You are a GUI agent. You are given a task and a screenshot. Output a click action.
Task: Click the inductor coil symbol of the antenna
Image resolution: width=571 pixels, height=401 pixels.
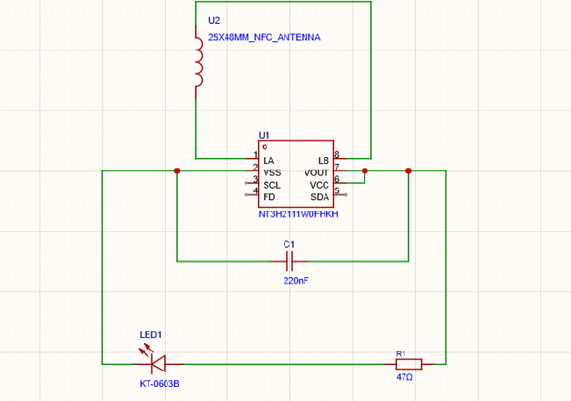tap(199, 62)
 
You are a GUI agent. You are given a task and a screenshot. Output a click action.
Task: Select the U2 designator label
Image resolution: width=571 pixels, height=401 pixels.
tap(214, 20)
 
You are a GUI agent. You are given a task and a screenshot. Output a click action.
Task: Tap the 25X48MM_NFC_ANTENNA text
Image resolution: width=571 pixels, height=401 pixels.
tap(264, 37)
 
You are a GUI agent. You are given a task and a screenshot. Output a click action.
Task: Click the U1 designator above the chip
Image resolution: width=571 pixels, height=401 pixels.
tap(264, 135)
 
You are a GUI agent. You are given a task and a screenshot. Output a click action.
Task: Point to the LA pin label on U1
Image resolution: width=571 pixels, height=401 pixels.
tap(268, 161)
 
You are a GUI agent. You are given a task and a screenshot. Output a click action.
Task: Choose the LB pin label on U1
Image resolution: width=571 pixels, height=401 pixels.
tap(324, 161)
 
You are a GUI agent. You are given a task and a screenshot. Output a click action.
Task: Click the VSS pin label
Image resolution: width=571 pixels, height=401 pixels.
tap(271, 172)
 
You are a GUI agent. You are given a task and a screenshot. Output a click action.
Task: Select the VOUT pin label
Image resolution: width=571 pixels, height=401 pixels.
tap(317, 172)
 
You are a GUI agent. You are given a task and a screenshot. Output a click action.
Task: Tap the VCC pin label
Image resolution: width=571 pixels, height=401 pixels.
tap(320, 185)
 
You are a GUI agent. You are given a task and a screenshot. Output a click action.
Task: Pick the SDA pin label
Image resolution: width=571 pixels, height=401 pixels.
tap(320, 197)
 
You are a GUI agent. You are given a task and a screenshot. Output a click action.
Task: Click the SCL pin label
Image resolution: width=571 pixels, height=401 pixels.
tap(271, 185)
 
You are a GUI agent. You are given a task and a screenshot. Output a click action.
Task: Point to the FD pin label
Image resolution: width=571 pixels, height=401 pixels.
tap(268, 197)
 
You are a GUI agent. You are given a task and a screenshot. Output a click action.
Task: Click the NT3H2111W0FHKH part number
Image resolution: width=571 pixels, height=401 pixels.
tap(298, 214)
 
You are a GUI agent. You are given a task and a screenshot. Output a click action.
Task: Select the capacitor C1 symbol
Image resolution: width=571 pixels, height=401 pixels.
tap(290, 261)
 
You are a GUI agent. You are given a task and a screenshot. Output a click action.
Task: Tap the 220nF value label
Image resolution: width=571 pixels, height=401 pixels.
tap(296, 281)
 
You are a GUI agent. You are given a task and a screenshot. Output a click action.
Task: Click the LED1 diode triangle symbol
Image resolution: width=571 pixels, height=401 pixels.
tap(158, 364)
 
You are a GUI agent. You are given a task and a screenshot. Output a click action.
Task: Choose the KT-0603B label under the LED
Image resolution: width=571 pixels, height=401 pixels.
tap(160, 384)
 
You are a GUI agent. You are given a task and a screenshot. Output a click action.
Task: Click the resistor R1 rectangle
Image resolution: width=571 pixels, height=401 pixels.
tap(408, 364)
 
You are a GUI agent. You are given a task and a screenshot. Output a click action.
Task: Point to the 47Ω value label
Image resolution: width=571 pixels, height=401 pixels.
tap(404, 377)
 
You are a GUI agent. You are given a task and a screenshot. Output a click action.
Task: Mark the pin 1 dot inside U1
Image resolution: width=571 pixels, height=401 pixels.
tap(265, 147)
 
